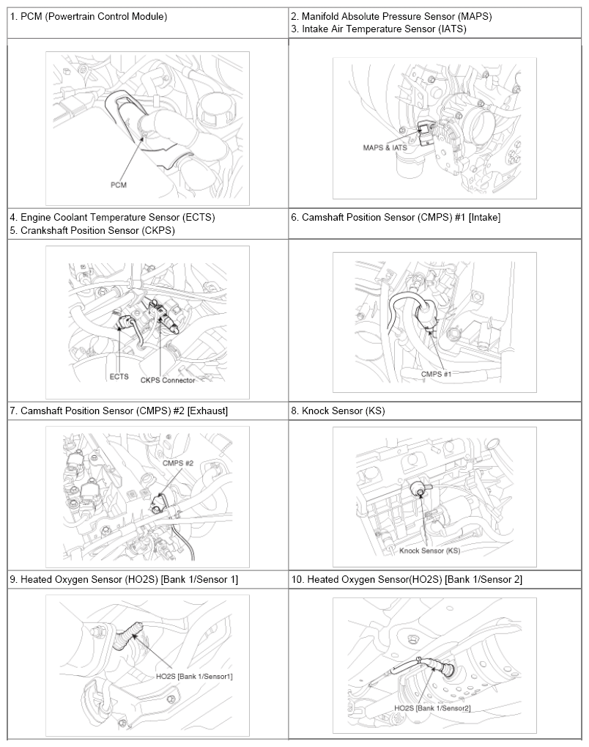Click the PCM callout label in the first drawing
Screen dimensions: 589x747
tap(119, 185)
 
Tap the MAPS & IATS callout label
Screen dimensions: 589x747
tap(385, 147)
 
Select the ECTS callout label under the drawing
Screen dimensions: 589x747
tap(119, 376)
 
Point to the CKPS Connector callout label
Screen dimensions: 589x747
tap(168, 380)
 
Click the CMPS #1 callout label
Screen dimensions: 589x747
tap(436, 374)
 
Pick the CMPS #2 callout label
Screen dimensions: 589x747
tap(178, 463)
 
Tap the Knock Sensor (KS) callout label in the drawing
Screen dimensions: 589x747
tap(429, 551)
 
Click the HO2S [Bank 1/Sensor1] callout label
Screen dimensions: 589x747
tap(194, 676)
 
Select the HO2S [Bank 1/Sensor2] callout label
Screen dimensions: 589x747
tap(432, 708)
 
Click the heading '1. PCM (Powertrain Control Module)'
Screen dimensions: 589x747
tap(89, 17)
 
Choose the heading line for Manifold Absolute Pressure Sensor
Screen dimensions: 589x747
tap(391, 17)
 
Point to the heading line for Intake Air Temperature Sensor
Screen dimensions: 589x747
tap(379, 29)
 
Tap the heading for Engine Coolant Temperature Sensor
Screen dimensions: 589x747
tap(112, 218)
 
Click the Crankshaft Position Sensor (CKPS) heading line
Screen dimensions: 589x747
tap(92, 231)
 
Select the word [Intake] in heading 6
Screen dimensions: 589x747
tap(485, 218)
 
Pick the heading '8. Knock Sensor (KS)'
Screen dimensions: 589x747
tap(338, 411)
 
